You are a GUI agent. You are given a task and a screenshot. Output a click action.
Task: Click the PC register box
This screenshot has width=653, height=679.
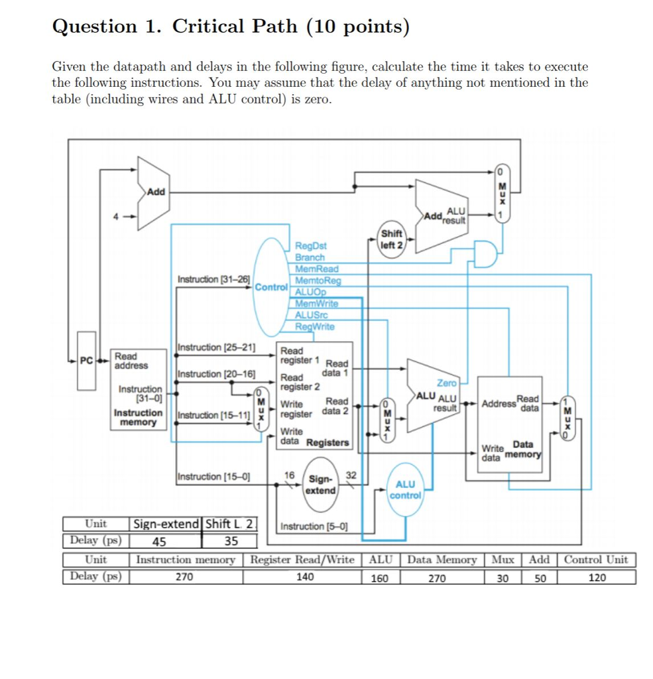(86, 361)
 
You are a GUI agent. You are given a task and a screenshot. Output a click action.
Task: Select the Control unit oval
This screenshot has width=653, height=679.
(270, 287)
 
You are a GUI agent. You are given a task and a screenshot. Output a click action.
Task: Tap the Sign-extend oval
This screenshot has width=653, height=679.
(322, 483)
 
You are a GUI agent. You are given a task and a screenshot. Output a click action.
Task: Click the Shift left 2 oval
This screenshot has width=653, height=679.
(392, 239)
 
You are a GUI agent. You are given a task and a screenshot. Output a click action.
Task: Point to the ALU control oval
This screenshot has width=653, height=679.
(405, 490)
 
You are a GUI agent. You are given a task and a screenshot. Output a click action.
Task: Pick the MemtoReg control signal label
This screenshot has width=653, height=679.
(318, 280)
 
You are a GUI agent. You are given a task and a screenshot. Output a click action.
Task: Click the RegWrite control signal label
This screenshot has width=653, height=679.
(315, 326)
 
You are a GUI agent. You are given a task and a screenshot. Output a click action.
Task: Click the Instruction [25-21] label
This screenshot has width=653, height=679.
(217, 347)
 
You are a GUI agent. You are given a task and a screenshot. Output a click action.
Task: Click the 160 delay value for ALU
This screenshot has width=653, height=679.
(380, 578)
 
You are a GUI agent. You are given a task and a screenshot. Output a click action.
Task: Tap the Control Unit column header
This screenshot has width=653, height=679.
(596, 560)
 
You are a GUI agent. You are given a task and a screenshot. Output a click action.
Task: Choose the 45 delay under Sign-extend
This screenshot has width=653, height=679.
(159, 540)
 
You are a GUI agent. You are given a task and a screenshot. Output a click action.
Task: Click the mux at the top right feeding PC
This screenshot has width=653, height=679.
(503, 193)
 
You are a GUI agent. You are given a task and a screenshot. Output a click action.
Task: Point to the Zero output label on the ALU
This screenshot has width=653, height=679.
(446, 383)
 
